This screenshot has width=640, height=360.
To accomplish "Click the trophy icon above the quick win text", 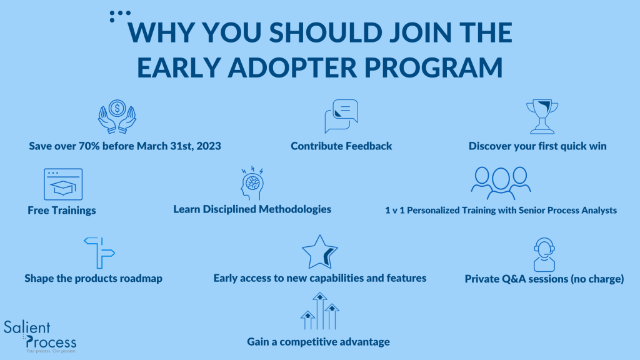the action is click(542, 117).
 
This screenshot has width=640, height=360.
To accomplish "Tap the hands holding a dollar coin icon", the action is click(117, 117).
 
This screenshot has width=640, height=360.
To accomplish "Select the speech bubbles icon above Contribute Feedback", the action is click(341, 116).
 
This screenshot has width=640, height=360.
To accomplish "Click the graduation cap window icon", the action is click(63, 184).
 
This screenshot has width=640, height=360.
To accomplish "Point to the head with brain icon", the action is click(252, 183).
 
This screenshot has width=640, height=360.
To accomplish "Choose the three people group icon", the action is click(501, 183).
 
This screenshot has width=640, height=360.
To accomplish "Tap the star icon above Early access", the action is click(319, 252).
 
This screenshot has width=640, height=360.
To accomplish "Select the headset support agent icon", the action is click(544, 255).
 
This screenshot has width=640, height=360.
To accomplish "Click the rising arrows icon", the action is click(320, 311).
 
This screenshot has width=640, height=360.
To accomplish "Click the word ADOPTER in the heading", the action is click(292, 67).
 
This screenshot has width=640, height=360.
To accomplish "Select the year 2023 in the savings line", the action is click(209, 146).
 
